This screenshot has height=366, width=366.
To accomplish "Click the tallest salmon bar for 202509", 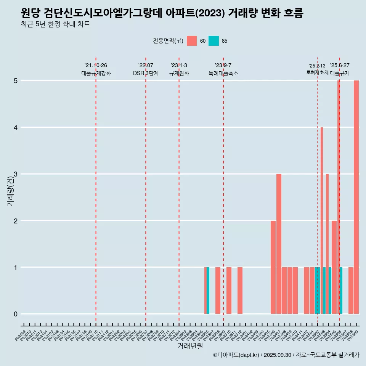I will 356,197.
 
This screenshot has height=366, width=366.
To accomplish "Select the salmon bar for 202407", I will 279,244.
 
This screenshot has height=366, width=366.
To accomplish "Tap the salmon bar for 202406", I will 273,267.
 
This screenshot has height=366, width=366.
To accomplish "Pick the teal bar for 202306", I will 208,291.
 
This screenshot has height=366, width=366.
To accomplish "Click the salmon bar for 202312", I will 240,291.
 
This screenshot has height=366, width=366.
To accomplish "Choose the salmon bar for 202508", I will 351,291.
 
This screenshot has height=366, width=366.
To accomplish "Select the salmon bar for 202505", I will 334,267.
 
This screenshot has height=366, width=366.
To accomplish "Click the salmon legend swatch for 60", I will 192,41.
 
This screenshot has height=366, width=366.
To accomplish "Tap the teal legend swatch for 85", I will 213,41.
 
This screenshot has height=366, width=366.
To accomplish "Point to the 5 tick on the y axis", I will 16,81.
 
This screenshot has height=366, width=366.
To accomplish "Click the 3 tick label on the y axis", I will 16,174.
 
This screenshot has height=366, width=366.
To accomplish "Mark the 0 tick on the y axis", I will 16,314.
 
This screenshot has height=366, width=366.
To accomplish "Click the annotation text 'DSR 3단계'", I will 146,73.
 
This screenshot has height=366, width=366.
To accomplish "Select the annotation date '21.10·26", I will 96,65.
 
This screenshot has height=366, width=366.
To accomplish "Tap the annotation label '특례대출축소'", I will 223,73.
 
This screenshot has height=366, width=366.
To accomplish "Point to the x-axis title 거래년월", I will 190,346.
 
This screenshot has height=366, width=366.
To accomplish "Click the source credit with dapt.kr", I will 286,355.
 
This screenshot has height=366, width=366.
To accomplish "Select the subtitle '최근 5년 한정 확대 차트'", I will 55,25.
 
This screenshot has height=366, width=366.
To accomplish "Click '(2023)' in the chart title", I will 209,13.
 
